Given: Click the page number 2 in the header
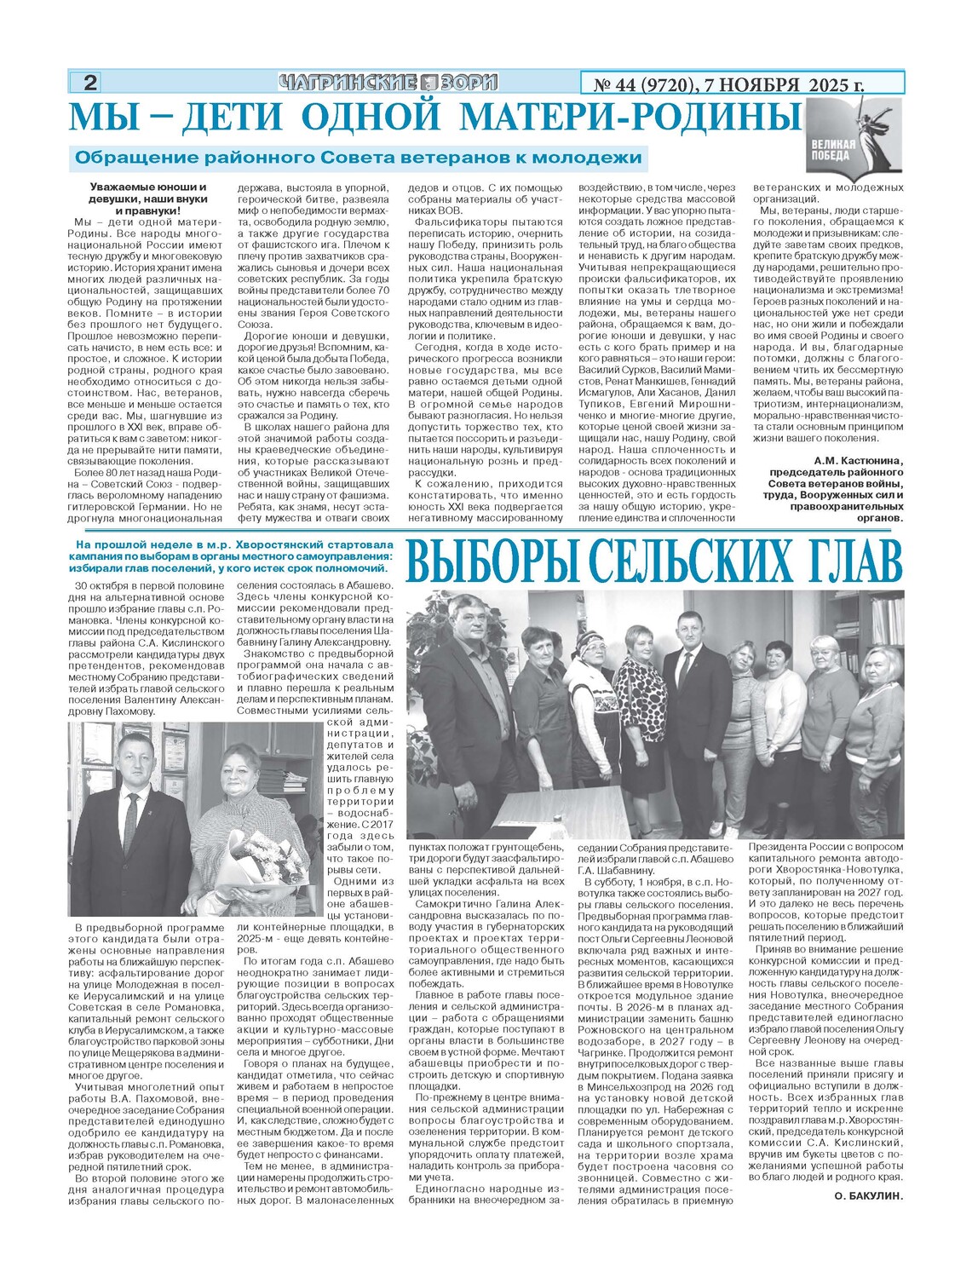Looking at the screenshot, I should [89, 83].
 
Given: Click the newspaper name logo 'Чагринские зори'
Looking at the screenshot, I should [388, 83].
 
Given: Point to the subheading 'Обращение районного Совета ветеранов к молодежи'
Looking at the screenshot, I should [358, 158].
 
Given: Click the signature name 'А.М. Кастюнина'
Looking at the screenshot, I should [853, 461].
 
